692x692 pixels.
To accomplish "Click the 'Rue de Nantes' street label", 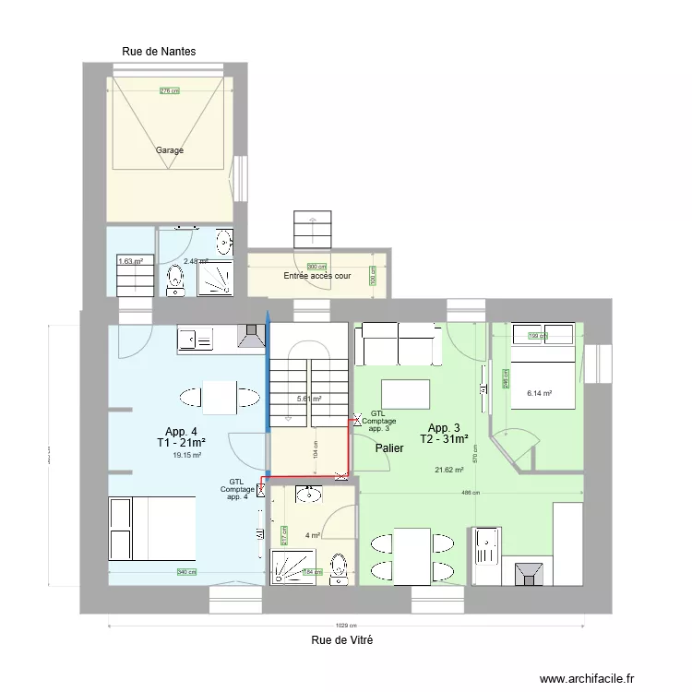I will (x=159, y=53).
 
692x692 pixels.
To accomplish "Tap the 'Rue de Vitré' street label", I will (x=342, y=639).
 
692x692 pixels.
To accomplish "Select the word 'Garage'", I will (x=169, y=150).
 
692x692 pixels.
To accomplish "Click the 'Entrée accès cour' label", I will (x=316, y=276).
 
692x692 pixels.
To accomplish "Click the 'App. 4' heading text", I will (x=181, y=432).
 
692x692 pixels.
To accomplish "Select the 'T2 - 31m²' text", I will (x=444, y=439).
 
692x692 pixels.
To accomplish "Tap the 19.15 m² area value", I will (x=187, y=454).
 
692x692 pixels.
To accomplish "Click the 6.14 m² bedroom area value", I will (x=539, y=393).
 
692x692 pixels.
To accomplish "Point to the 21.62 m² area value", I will (x=449, y=470).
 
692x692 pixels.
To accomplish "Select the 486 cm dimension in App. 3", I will (x=471, y=493).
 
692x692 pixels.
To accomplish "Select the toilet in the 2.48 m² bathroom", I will (x=176, y=280).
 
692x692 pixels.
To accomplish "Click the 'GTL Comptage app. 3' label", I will (x=378, y=421).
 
